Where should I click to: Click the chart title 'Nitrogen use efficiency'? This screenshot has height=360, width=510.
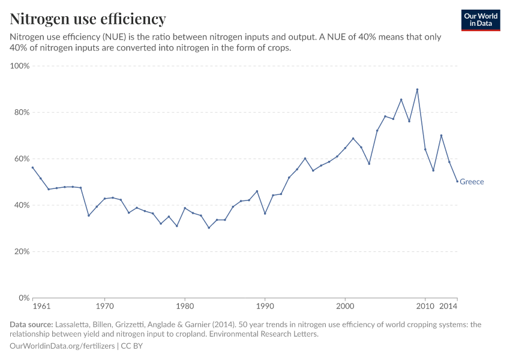click(x=88, y=19)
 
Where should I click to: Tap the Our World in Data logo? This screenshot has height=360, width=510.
click(x=480, y=20)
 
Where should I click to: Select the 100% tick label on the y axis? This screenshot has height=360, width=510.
click(x=20, y=66)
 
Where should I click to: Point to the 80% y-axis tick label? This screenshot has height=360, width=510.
click(x=21, y=112)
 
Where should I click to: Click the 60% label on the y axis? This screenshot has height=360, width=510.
click(x=21, y=159)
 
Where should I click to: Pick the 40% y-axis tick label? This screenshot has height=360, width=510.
click(x=21, y=205)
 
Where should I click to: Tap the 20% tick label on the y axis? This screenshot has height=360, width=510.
click(x=21, y=251)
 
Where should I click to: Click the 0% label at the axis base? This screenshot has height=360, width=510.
click(x=23, y=298)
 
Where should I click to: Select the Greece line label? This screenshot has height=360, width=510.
click(x=472, y=182)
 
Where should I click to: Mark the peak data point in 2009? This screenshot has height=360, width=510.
click(x=417, y=90)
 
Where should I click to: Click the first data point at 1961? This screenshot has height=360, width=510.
click(x=33, y=167)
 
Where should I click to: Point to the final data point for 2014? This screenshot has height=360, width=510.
click(x=457, y=181)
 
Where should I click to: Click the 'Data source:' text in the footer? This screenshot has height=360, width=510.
click(x=31, y=325)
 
